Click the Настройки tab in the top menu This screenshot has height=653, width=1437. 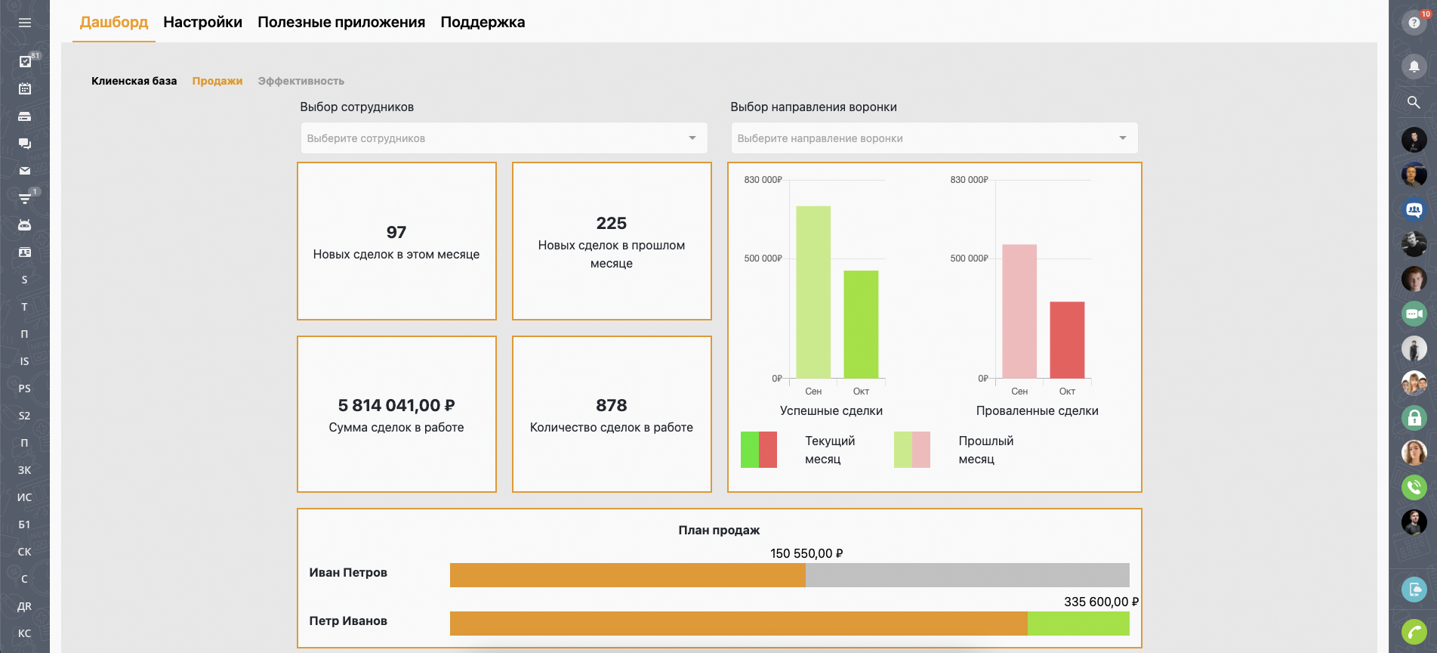pyautogui.click(x=202, y=22)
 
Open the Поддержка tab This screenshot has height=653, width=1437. pyautogui.click(x=483, y=22)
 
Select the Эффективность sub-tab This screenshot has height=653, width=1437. pyautogui.click(x=301, y=81)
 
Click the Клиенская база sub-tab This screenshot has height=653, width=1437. pyautogui.click(x=134, y=81)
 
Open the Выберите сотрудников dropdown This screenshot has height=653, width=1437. pyautogui.click(x=503, y=138)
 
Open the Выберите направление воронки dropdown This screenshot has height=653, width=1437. pyautogui.click(x=933, y=138)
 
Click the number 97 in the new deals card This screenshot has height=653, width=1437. pyautogui.click(x=396, y=232)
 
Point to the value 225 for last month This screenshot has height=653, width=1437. pyautogui.click(x=612, y=223)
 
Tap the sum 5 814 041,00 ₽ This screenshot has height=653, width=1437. pyautogui.click(x=396, y=406)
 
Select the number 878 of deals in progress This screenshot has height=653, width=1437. pyautogui.click(x=612, y=406)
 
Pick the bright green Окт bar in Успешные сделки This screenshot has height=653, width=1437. pyautogui.click(x=861, y=324)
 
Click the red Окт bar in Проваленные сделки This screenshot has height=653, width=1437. pyautogui.click(x=1067, y=340)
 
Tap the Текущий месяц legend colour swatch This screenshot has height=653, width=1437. pyautogui.click(x=759, y=450)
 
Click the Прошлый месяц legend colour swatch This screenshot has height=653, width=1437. pyautogui.click(x=912, y=450)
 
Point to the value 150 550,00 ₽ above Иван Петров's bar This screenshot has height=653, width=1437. pyautogui.click(x=806, y=553)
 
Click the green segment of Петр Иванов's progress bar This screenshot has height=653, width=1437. pyautogui.click(x=1078, y=624)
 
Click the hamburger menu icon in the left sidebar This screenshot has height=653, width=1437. pyautogui.click(x=25, y=23)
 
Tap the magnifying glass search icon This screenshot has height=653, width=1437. pyautogui.click(x=1414, y=102)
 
